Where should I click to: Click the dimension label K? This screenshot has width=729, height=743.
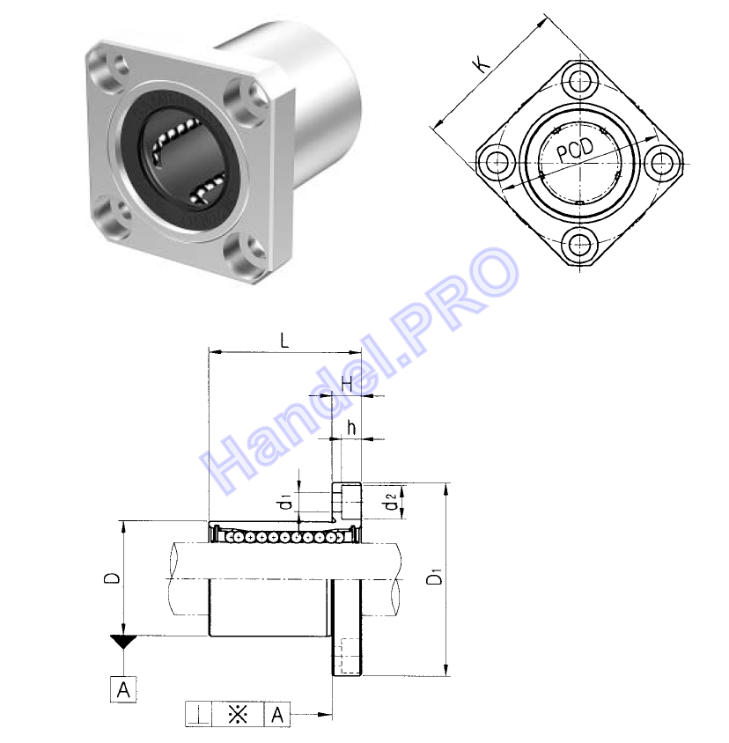pos(483,64)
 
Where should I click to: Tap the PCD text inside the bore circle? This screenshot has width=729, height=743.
pos(574,150)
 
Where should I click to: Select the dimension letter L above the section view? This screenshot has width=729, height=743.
pos(284,340)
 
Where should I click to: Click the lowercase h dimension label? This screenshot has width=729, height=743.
pos(351,428)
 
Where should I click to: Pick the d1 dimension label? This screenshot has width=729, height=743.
pos(285,502)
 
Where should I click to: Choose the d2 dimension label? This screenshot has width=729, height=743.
pos(391,501)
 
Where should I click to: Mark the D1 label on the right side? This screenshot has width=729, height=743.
pos(434,576)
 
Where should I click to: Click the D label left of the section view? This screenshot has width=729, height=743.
pos(112,578)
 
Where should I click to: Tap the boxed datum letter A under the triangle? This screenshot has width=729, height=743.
pos(123,689)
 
